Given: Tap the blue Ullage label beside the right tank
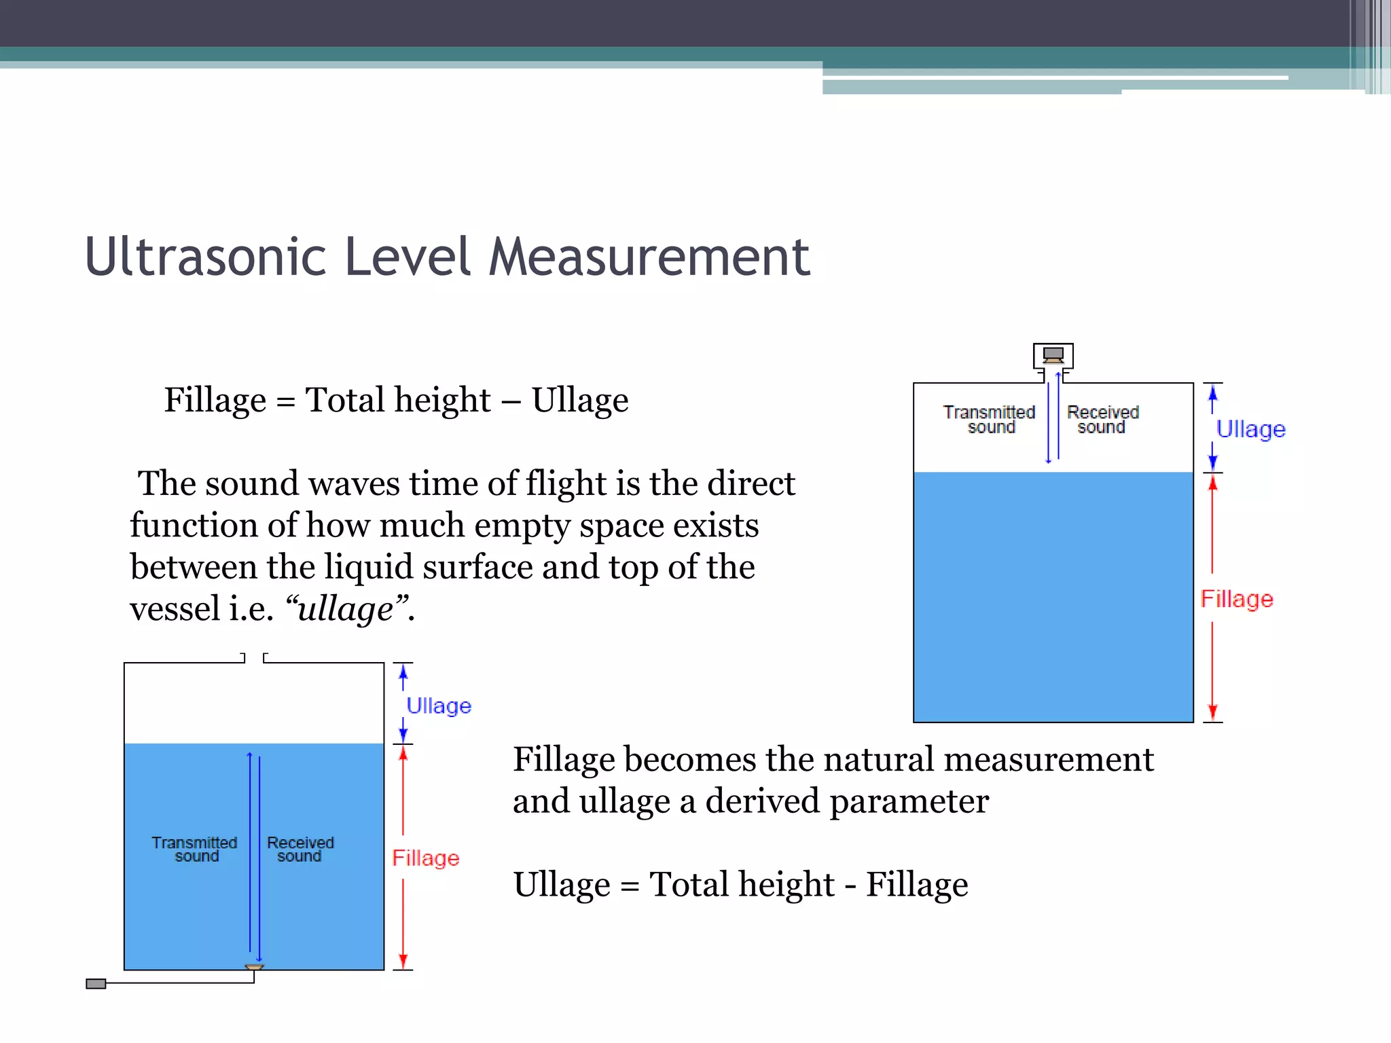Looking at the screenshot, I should click(x=1250, y=429).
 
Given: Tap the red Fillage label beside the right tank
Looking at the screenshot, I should click(x=1236, y=599).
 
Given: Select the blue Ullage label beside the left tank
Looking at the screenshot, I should click(x=439, y=706).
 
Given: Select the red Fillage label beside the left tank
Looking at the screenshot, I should click(x=426, y=858).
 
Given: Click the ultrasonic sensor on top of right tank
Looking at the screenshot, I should click(x=1053, y=354).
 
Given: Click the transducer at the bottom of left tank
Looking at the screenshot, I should click(x=254, y=967).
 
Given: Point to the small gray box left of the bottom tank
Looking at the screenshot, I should click(x=96, y=983).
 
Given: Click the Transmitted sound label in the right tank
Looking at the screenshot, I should click(x=990, y=420).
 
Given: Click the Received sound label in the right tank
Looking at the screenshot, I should click(x=1102, y=420).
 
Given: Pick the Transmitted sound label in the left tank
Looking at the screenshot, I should click(x=195, y=849).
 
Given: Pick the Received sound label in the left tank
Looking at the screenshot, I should click(x=300, y=849).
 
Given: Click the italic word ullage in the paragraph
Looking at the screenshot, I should click(x=345, y=609).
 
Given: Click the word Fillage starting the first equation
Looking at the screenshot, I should click(x=215, y=400).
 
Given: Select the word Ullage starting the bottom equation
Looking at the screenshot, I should click(x=562, y=885).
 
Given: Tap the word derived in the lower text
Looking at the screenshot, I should click(x=763, y=801).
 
